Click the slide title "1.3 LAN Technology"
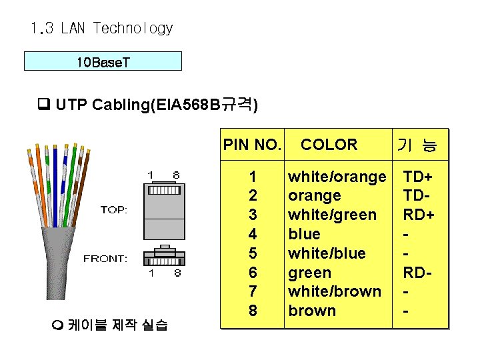[x=101, y=29]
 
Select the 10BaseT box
[x=103, y=62]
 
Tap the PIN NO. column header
[x=252, y=145]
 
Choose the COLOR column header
[x=329, y=145]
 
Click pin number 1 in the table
[x=252, y=177]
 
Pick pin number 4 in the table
[x=252, y=234]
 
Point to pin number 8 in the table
[x=252, y=311]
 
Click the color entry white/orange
[x=337, y=177]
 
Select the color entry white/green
[x=332, y=215]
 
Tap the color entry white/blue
[x=327, y=253]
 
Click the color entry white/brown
[x=335, y=291]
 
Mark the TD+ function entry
[x=418, y=177]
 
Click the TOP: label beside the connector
[x=115, y=209]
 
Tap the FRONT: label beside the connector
[x=105, y=259]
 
